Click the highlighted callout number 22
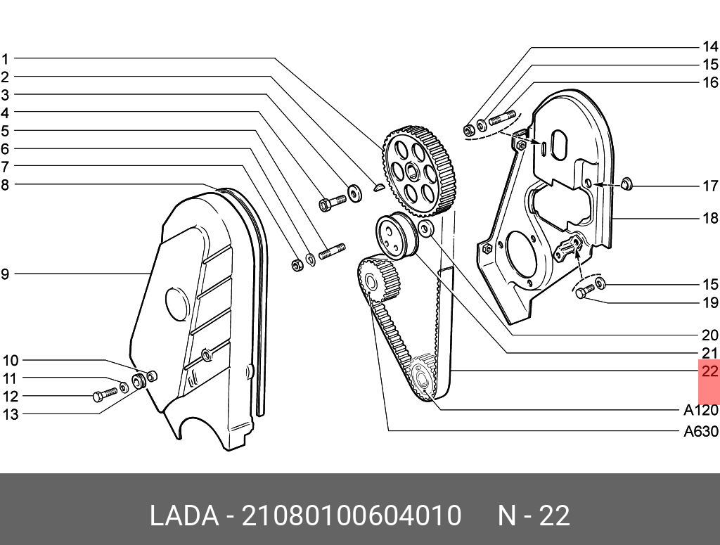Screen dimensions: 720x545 [x=709, y=371]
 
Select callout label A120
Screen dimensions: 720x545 [x=700, y=411]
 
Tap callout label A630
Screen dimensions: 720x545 [x=700, y=432]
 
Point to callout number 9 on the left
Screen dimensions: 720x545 [x=5, y=274]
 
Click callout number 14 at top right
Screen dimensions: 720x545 [x=709, y=47]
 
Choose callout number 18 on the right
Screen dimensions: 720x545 [x=709, y=219]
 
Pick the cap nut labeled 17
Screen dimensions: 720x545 [x=628, y=185]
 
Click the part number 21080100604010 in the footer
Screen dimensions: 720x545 [x=352, y=516]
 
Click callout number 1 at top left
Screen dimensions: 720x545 [x=5, y=58]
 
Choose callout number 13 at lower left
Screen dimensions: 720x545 [x=10, y=415]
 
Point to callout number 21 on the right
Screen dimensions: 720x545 [x=709, y=354]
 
